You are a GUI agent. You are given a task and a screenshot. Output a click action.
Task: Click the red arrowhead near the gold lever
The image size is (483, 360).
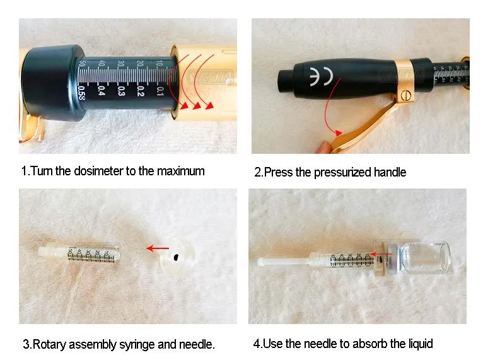(x=339, y=132)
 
